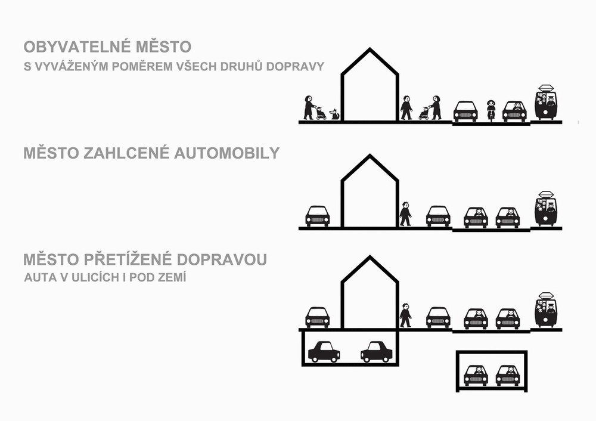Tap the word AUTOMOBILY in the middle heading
click(x=227, y=153)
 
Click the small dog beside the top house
click(x=334, y=114)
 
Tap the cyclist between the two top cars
click(x=491, y=110)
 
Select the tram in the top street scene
click(x=546, y=103)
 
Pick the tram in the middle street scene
click(x=546, y=209)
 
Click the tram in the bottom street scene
click(x=546, y=310)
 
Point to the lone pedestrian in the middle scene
click(x=405, y=213)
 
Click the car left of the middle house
click(x=318, y=216)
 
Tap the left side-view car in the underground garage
click(x=324, y=352)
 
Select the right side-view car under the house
click(x=376, y=352)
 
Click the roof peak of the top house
click(x=370, y=49)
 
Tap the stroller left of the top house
click(x=321, y=113)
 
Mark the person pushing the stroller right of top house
click(x=436, y=107)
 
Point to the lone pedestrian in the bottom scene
click(x=405, y=315)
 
